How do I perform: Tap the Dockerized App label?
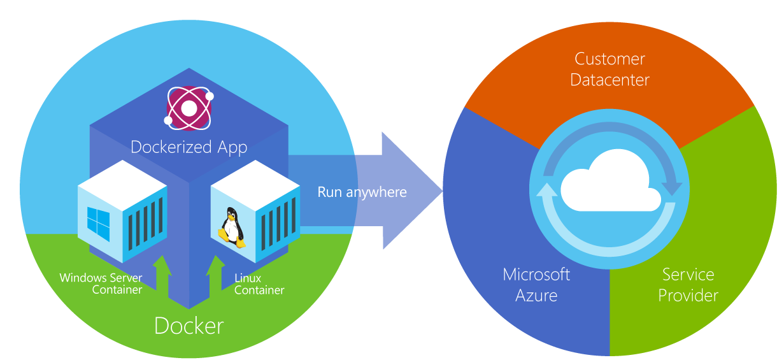[189, 147]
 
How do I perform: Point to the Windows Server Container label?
[101, 284]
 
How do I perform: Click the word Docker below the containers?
[189, 326]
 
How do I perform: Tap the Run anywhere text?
[362, 191]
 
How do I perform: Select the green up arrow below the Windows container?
[162, 273]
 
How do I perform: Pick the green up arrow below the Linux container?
[215, 273]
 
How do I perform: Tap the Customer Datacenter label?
[609, 69]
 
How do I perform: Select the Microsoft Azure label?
[536, 285]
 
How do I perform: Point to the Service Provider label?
[688, 285]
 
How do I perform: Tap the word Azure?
[536, 296]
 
